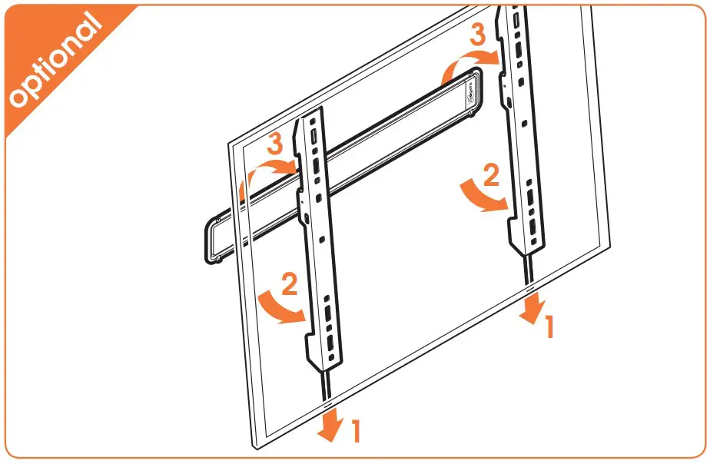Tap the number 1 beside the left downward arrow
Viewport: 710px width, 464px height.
click(355, 432)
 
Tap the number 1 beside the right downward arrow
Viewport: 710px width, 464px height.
click(548, 328)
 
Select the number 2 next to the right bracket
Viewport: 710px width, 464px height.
click(490, 176)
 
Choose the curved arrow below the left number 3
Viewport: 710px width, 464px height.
click(266, 173)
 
